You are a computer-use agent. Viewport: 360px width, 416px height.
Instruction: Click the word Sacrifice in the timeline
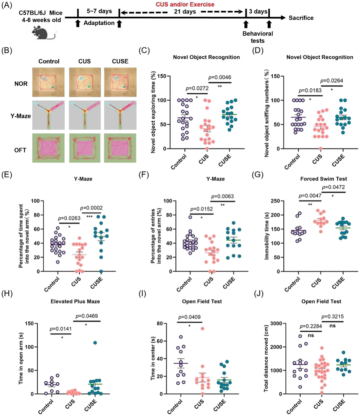301,18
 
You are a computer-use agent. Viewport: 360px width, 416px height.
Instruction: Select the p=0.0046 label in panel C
220,77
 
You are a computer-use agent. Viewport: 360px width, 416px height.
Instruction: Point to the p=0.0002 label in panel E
91,208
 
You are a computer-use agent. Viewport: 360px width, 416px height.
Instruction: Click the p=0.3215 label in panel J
332,317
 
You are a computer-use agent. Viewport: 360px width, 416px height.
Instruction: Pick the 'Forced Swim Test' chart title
323,179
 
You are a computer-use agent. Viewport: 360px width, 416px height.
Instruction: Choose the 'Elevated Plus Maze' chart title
75,301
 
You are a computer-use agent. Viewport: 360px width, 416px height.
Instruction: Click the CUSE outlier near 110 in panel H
95,343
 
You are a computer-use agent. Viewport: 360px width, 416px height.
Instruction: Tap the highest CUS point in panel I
202,329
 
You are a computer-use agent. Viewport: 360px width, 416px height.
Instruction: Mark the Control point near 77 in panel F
190,217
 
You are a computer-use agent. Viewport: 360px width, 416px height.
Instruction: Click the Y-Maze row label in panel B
20,116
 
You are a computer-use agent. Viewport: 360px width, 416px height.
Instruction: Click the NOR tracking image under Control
49,82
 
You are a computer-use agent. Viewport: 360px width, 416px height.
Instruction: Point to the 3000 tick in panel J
275,323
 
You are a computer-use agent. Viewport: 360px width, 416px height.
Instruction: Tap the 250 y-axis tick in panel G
275,201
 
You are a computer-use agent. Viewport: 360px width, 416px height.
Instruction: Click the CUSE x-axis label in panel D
338,160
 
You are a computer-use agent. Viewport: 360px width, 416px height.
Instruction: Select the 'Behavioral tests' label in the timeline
258,37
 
